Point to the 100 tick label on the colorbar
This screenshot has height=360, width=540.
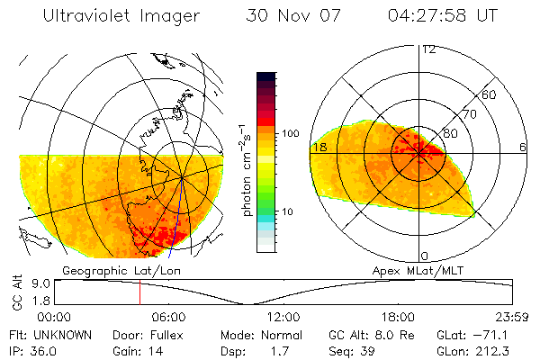tap(291, 133)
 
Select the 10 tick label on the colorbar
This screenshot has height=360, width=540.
tap(287, 211)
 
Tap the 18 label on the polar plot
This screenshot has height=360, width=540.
tap(319, 147)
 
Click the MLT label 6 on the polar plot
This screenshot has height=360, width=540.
tap(523, 147)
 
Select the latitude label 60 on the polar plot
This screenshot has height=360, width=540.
tap(489, 94)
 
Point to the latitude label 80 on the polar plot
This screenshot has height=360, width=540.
tap(451, 133)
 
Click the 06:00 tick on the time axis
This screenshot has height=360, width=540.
tap(168, 317)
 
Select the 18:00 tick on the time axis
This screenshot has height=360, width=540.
tap(398, 317)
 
